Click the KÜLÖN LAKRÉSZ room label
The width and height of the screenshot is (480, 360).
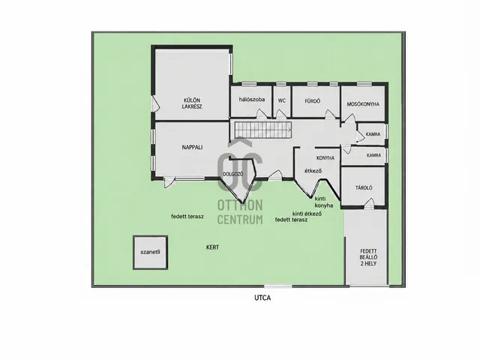tap(192, 103)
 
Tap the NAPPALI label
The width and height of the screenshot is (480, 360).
tap(192, 147)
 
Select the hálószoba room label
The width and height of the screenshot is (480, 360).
tap(252, 100)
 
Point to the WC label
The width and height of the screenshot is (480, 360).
tap(282, 100)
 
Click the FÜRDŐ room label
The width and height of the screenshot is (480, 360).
tap(313, 101)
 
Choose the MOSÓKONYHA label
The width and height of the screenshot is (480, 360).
tap(363, 104)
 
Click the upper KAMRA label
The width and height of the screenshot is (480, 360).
tap(373, 134)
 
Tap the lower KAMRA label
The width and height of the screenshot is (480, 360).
tap(373, 155)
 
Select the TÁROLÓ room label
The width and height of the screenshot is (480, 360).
tap(364, 187)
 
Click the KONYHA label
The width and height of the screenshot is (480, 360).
tap(325, 158)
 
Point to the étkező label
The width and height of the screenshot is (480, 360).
tap(313, 171)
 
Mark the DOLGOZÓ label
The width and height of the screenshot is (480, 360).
tap(233, 174)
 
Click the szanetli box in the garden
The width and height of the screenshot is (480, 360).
tap(150, 253)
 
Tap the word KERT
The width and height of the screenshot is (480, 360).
tap(212, 247)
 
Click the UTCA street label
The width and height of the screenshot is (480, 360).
tap(262, 298)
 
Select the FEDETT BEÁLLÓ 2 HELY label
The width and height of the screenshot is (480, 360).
tap(368, 257)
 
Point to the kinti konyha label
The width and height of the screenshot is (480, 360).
tap(324, 202)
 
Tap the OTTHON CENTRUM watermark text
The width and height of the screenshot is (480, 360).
tap(240, 212)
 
